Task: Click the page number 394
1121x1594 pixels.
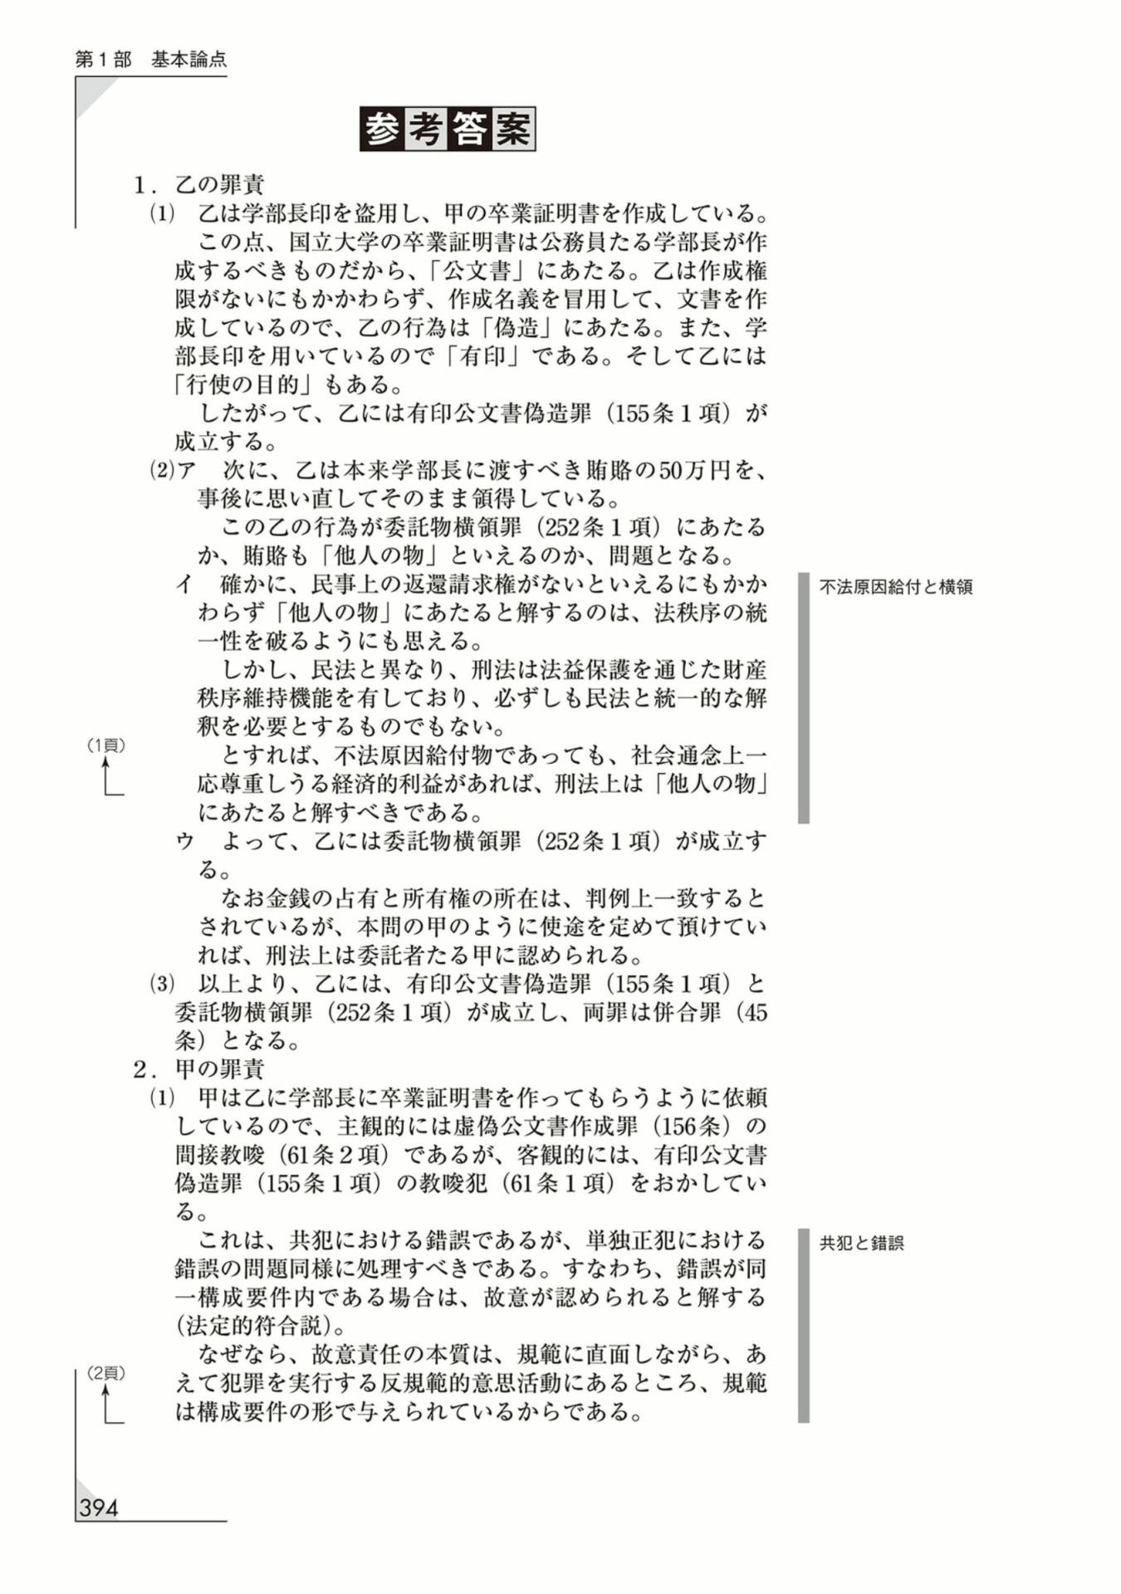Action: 99,1508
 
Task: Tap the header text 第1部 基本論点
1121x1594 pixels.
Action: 150,60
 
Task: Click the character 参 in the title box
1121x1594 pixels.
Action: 382,130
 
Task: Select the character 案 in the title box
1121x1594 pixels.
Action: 512,130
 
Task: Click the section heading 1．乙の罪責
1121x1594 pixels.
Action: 199,184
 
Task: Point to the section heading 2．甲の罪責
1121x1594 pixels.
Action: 199,1068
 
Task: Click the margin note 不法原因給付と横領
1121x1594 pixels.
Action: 895,587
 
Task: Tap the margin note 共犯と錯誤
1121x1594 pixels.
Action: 861,1243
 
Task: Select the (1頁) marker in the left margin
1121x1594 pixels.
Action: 106,746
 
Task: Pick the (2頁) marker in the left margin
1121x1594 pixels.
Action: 106,1373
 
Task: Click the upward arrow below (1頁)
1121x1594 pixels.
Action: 106,775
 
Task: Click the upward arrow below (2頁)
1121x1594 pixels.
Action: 106,1404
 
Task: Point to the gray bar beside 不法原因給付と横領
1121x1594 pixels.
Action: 803,697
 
